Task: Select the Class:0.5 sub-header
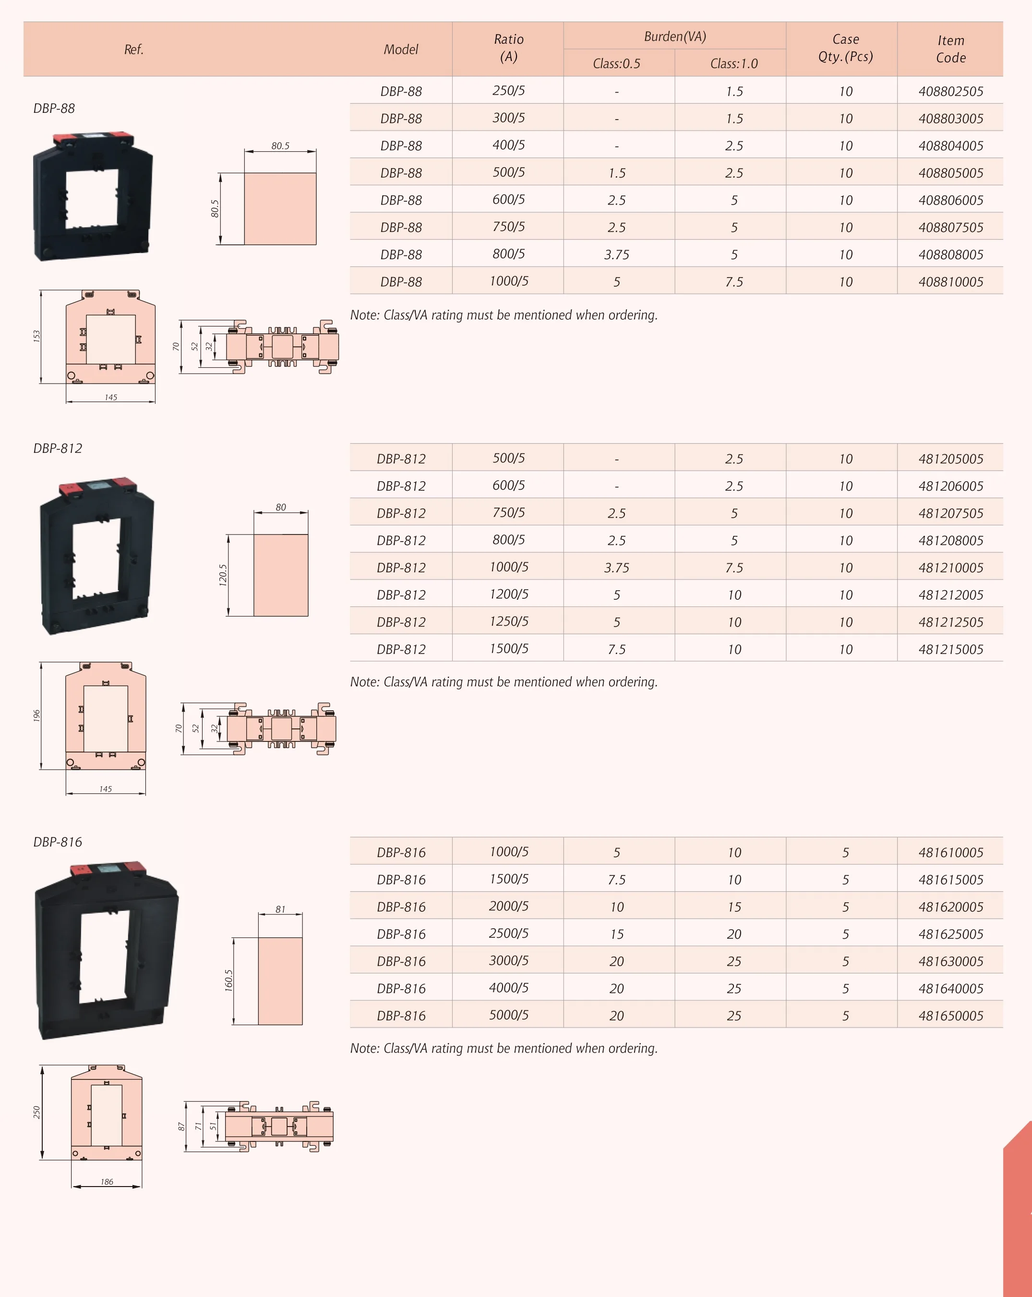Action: tap(616, 63)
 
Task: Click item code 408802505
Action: tap(950, 91)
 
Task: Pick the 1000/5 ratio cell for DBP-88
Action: tap(508, 281)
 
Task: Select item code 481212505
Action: tap(950, 622)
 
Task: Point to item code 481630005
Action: tap(950, 961)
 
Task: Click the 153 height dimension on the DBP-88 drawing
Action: tap(36, 336)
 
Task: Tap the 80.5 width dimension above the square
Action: tap(280, 145)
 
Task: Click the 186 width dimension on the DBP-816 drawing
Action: tap(107, 1181)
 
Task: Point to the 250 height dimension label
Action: tap(36, 1112)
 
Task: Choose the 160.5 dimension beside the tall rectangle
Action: tap(228, 980)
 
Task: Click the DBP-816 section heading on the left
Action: tap(58, 842)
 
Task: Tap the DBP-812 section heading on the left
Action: tap(58, 448)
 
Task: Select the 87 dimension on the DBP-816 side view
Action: tap(181, 1127)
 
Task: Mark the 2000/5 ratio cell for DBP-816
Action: tap(508, 906)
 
